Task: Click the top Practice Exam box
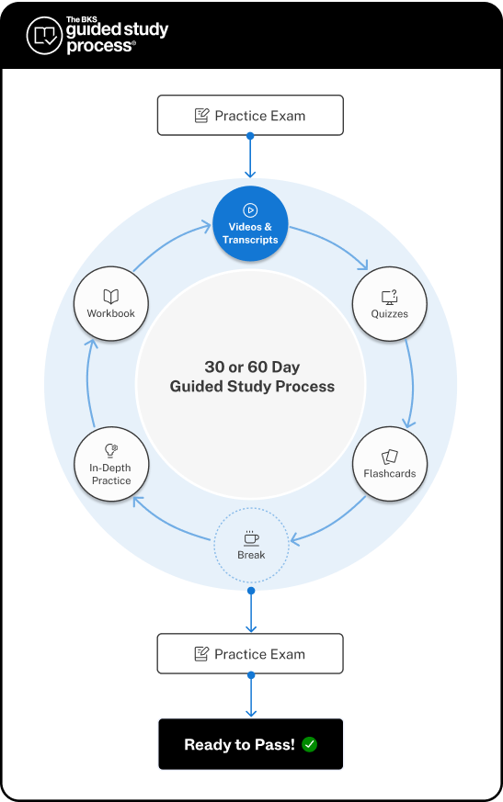pos(250,116)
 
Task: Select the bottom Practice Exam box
pos(250,654)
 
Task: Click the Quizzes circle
pos(390,304)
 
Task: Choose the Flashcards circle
pos(390,464)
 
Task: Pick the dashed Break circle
pos(251,545)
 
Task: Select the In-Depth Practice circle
pos(111,464)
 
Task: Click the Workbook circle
pos(111,304)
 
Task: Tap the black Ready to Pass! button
pos(250,744)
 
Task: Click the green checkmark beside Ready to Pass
pos(309,745)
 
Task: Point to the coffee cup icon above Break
pos(251,537)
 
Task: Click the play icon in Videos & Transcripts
pos(250,210)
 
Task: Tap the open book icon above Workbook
pos(111,296)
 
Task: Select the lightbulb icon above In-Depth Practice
pos(111,450)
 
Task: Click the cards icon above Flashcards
pos(390,456)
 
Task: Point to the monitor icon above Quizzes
pos(390,296)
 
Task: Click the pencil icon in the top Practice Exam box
pos(201,116)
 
